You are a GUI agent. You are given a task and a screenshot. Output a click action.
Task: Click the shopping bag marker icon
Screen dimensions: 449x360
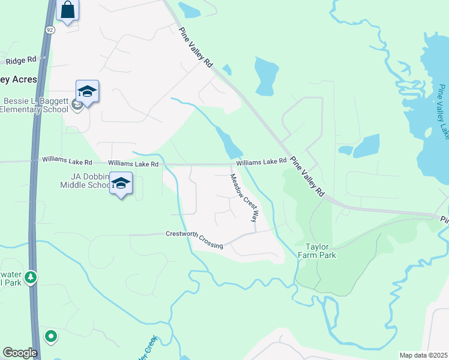pyautogui.click(x=67, y=10)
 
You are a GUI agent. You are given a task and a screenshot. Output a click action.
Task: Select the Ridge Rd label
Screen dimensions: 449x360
pyautogui.click(x=21, y=61)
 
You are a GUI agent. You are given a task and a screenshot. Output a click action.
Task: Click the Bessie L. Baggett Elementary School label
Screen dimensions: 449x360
pyautogui.click(x=35, y=104)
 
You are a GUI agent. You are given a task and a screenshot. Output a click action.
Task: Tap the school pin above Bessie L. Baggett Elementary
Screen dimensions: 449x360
pyautogui.click(x=87, y=92)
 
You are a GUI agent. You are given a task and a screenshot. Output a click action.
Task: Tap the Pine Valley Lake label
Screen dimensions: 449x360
pyautogui.click(x=443, y=112)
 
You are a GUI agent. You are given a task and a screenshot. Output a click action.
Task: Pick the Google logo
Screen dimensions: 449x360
pyautogui.click(x=20, y=352)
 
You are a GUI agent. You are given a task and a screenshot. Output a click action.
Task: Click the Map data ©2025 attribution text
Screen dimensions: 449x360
pyautogui.click(x=423, y=355)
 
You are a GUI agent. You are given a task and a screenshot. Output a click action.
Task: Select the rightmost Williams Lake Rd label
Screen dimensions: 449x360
pyautogui.click(x=261, y=162)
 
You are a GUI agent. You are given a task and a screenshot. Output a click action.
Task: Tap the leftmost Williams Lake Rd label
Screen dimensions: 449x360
pyautogui.click(x=67, y=161)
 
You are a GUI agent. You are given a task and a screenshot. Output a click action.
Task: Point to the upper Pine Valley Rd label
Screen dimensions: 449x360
pyautogui.click(x=196, y=46)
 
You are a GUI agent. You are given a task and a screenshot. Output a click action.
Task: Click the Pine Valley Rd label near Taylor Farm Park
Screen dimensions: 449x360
pyautogui.click(x=307, y=177)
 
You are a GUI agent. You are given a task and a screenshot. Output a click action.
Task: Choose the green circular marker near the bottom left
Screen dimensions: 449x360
pyautogui.click(x=51, y=336)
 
